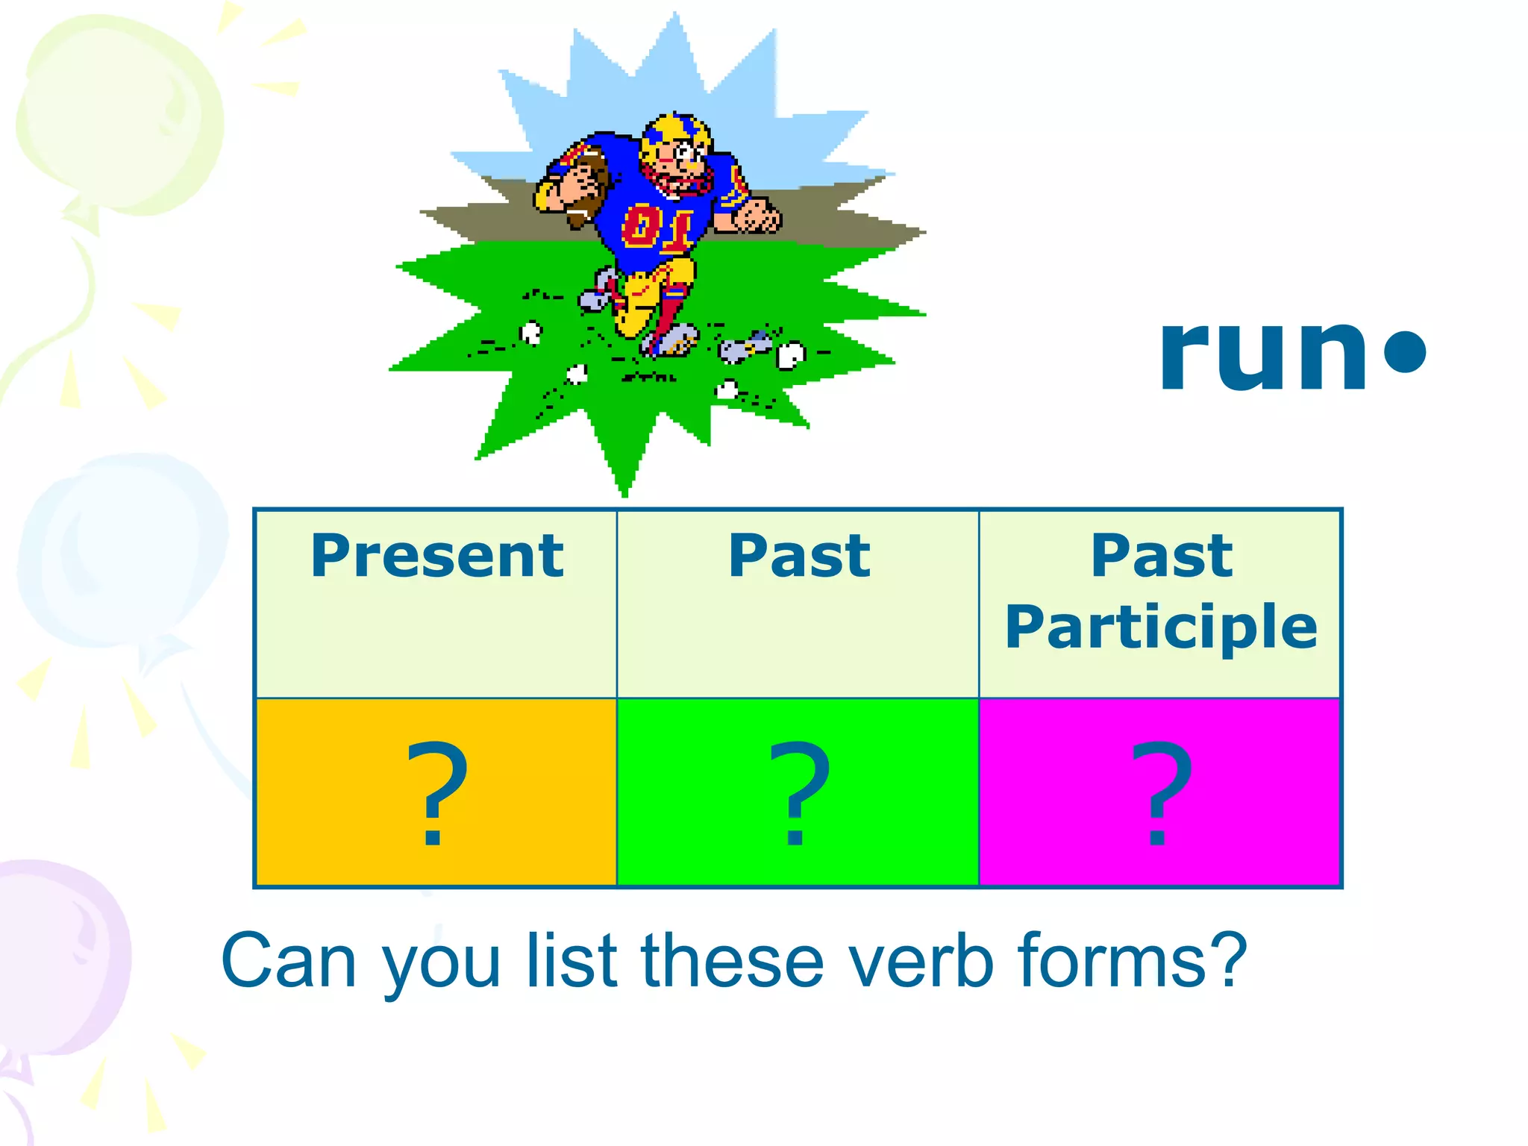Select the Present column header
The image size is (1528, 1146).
tap(436, 556)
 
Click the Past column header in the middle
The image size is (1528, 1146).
tap(798, 556)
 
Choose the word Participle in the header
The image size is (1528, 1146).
tap(1161, 627)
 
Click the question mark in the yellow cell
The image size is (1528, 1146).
tap(436, 792)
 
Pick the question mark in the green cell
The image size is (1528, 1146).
tap(798, 792)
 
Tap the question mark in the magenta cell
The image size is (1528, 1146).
tap(1161, 792)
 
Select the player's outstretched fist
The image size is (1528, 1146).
tap(757, 216)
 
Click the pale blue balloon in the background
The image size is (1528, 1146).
tap(119, 552)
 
